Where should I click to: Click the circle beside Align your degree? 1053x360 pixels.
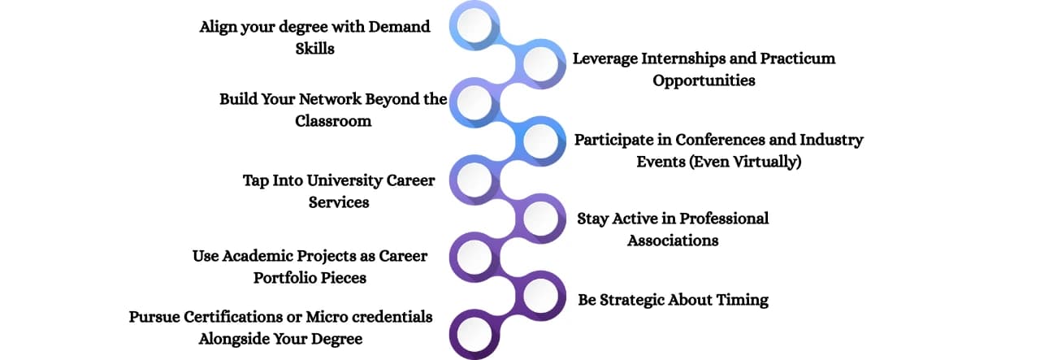tap(474, 25)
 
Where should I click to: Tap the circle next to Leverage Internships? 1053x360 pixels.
tap(540, 64)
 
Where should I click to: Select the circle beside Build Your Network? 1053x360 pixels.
tap(474, 102)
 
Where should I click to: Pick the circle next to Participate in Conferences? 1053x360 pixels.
tap(540, 141)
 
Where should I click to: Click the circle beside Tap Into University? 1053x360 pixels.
tap(474, 180)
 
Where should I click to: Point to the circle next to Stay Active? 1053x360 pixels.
tap(540, 219)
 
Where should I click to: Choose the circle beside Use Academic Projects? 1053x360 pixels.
tap(474, 257)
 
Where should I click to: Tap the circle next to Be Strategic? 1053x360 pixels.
tap(540, 296)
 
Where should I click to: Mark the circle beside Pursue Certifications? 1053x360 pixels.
tap(474, 334)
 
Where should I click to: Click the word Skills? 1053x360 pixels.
tap(315, 49)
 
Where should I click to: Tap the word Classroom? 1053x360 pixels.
tap(333, 121)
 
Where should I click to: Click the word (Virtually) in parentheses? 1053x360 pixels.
tap(767, 162)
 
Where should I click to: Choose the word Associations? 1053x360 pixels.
tap(674, 241)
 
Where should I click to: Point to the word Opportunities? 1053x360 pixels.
tap(704, 80)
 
